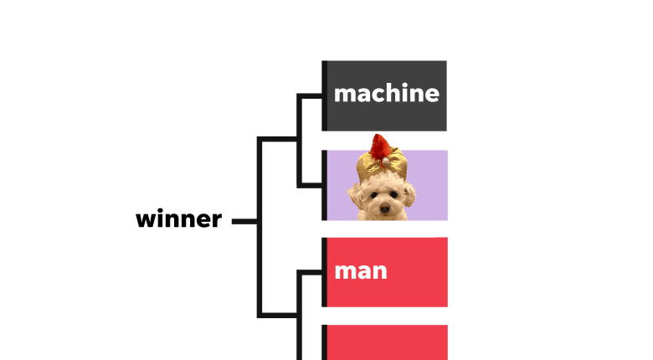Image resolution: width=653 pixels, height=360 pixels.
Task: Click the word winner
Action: pos(178,219)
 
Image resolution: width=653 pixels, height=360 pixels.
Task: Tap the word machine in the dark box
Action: pos(387,93)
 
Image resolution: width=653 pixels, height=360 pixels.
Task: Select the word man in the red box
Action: pos(361,271)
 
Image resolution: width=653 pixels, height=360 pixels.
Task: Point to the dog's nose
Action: pos(385,208)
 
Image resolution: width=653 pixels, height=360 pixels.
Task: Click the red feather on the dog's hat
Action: pos(380,147)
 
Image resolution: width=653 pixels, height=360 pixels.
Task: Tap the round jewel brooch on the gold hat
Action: pos(386,162)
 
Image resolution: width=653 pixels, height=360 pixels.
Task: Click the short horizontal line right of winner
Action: pos(244,221)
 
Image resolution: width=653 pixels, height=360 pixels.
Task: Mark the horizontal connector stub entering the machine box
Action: pos(311,96)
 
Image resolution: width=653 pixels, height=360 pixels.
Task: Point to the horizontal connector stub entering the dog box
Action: pos(311,185)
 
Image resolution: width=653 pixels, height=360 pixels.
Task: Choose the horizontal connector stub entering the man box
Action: pos(311,272)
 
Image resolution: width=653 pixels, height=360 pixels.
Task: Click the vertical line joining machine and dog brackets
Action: pos(299,141)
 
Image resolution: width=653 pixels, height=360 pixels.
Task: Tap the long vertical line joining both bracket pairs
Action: pos(260,227)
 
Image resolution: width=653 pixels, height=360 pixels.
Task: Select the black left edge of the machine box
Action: pos(325,95)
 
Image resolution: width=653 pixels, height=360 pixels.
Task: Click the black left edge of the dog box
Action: pos(325,185)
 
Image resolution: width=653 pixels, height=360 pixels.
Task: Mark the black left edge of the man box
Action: pos(325,272)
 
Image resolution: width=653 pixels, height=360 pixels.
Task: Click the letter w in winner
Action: pos(146,220)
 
